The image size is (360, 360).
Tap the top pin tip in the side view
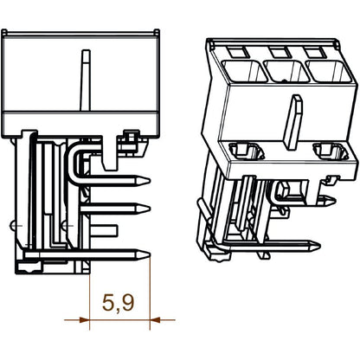(145, 181)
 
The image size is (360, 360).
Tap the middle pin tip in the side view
(145, 208)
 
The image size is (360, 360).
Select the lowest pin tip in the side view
(145, 254)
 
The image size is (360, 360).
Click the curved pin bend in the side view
(79, 156)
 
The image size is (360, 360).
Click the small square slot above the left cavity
(234, 52)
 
